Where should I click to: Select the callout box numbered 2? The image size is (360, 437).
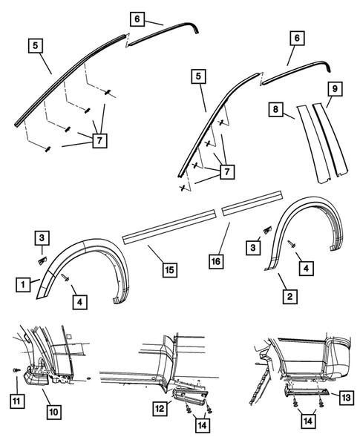coord(289,297)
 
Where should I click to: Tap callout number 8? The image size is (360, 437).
coord(276,108)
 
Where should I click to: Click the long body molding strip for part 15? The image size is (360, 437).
coord(170,223)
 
